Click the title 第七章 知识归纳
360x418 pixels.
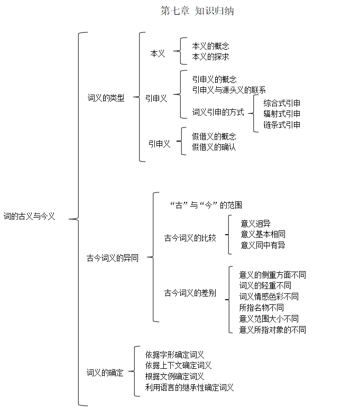click(x=197, y=11)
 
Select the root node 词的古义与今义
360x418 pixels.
click(x=29, y=216)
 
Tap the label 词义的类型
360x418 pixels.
click(x=106, y=98)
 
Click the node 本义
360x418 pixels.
click(x=158, y=53)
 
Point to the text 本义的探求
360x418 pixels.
click(x=210, y=57)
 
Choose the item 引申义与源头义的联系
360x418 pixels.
click(x=229, y=90)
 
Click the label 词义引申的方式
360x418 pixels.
click(x=218, y=112)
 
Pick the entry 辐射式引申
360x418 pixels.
click(x=282, y=114)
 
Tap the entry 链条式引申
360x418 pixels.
click(x=282, y=125)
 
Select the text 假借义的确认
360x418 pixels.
click(x=214, y=147)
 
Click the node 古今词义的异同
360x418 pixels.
click(x=113, y=258)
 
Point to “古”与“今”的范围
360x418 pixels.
click(x=206, y=205)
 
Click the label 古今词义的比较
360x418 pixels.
click(x=190, y=238)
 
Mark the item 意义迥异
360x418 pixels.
click(x=255, y=224)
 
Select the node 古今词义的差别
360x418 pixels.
click(x=190, y=293)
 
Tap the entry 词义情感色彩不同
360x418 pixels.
click(x=269, y=296)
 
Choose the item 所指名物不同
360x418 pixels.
click(x=261, y=308)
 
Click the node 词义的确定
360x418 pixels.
click(x=105, y=373)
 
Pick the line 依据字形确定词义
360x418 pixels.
click(x=174, y=355)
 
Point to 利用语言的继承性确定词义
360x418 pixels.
click(x=189, y=387)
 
